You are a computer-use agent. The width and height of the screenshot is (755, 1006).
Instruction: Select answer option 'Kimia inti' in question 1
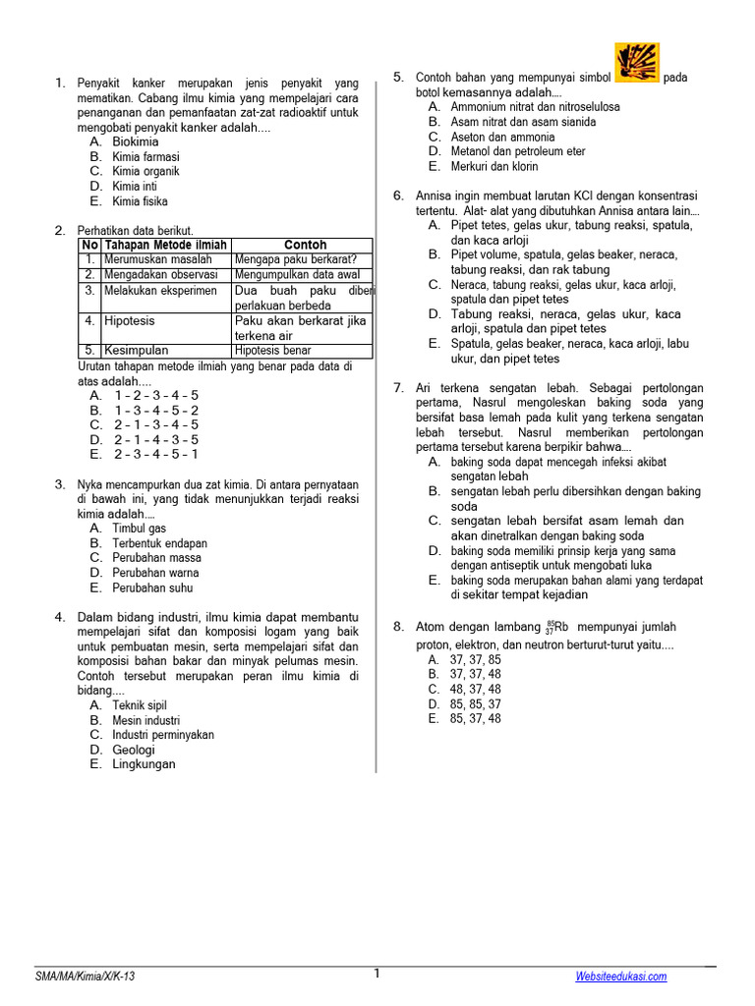pos(134,186)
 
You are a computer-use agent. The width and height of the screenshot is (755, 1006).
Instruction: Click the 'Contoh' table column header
pos(305,245)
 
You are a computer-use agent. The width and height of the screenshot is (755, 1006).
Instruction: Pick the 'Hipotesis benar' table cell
pos(272,350)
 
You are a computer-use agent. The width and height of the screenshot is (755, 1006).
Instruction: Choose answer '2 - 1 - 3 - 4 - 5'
pos(155,424)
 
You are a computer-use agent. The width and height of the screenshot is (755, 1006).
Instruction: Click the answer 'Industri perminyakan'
pos(162,735)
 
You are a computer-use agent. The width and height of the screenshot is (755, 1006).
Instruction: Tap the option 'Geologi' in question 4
pos(134,750)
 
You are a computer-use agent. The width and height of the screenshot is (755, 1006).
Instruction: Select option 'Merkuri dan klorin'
pos(494,167)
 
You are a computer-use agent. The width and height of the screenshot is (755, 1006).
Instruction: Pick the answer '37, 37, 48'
pos(475,674)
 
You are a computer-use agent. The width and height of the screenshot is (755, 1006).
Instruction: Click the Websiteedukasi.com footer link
pos(621,976)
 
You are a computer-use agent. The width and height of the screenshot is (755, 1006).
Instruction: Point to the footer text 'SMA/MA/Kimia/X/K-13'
pos(86,976)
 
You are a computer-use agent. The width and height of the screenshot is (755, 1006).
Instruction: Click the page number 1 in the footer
pos(376,974)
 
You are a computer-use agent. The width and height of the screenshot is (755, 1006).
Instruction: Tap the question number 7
pos(398,388)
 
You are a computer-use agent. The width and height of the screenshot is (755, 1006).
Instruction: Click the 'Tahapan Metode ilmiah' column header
pos(165,245)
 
